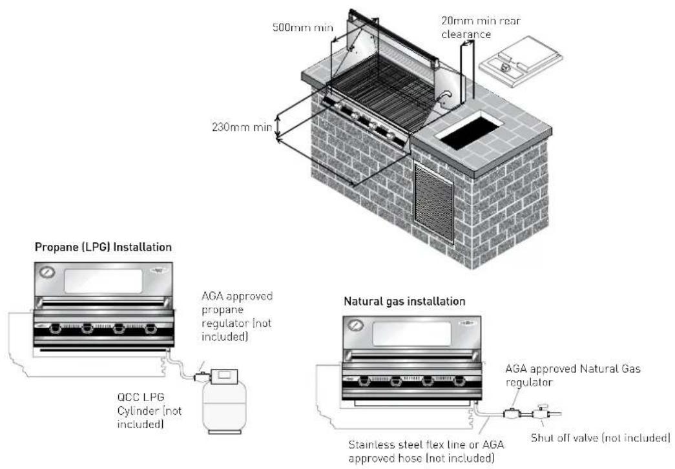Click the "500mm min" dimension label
303,28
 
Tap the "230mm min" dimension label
242,127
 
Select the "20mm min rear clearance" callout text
481,27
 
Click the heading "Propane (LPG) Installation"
103,247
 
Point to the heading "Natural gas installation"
404,301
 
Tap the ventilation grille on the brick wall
433,202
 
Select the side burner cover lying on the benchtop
521,61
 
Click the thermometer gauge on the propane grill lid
47,273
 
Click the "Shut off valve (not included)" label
601,438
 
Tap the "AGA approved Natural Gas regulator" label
572,375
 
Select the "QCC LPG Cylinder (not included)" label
149,410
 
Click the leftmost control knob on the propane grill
56,329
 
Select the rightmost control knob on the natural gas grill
459,380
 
